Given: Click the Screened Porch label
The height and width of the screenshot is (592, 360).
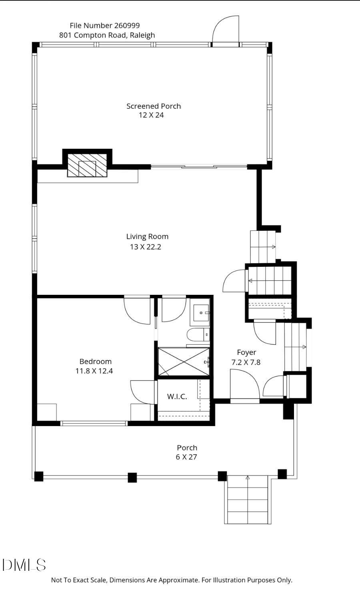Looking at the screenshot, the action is [x=154, y=106].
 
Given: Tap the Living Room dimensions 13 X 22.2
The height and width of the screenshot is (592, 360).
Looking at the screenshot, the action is [x=145, y=247].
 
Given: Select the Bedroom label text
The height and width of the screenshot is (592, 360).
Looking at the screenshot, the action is [x=96, y=361].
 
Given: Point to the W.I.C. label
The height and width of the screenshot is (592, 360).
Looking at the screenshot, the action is [x=177, y=396].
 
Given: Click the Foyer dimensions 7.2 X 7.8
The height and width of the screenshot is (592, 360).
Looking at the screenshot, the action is [x=246, y=362].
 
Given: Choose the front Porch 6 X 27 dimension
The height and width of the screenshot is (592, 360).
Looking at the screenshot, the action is [x=186, y=457].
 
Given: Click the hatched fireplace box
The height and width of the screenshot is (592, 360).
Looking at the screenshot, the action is [x=87, y=165].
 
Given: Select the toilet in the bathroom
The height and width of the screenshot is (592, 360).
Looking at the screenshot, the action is [x=198, y=335].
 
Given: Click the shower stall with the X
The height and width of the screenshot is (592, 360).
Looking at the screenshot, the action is [x=184, y=361].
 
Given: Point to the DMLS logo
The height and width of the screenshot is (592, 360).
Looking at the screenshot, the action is [x=24, y=565].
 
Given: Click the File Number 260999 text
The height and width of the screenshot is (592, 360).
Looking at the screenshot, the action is [x=105, y=25].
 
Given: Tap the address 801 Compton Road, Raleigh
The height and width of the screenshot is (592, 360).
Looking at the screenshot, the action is [x=107, y=35].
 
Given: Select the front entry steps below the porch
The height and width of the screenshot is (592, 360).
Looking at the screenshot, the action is [x=248, y=500].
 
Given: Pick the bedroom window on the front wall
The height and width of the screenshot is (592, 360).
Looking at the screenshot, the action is [x=94, y=423].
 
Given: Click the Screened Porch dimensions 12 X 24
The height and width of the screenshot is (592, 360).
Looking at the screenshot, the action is [x=151, y=115].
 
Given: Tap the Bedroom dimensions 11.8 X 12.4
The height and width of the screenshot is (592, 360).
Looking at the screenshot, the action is [x=94, y=371].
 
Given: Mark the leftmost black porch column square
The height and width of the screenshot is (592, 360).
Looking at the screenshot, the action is [x=38, y=476].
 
